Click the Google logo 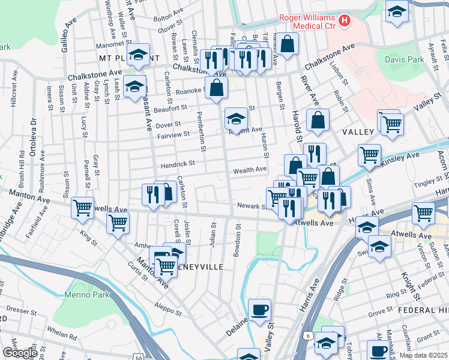pyautogui.click(x=19, y=353)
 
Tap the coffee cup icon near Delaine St pyautogui.click(x=259, y=310)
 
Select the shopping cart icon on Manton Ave pyautogui.click(x=82, y=208)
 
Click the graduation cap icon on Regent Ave pyautogui.click(x=236, y=119)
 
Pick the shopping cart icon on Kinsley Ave pyautogui.click(x=369, y=155)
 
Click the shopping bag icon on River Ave pyautogui.click(x=317, y=121)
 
